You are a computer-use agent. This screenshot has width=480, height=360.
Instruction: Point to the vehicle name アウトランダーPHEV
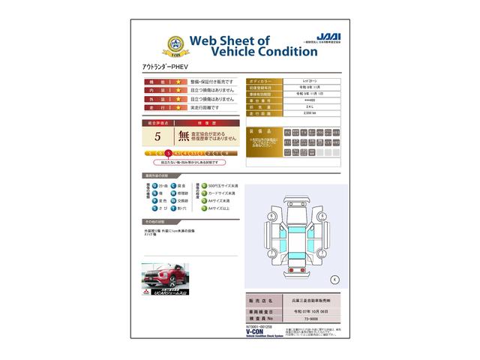[x=166, y=67]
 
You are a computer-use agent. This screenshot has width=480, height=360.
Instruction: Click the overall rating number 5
[x=157, y=136]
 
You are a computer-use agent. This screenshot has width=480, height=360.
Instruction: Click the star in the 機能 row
[x=178, y=81]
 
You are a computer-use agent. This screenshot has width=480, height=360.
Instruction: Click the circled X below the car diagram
[x=334, y=279]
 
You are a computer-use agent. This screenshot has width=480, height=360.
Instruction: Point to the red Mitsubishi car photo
[x=165, y=275]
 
